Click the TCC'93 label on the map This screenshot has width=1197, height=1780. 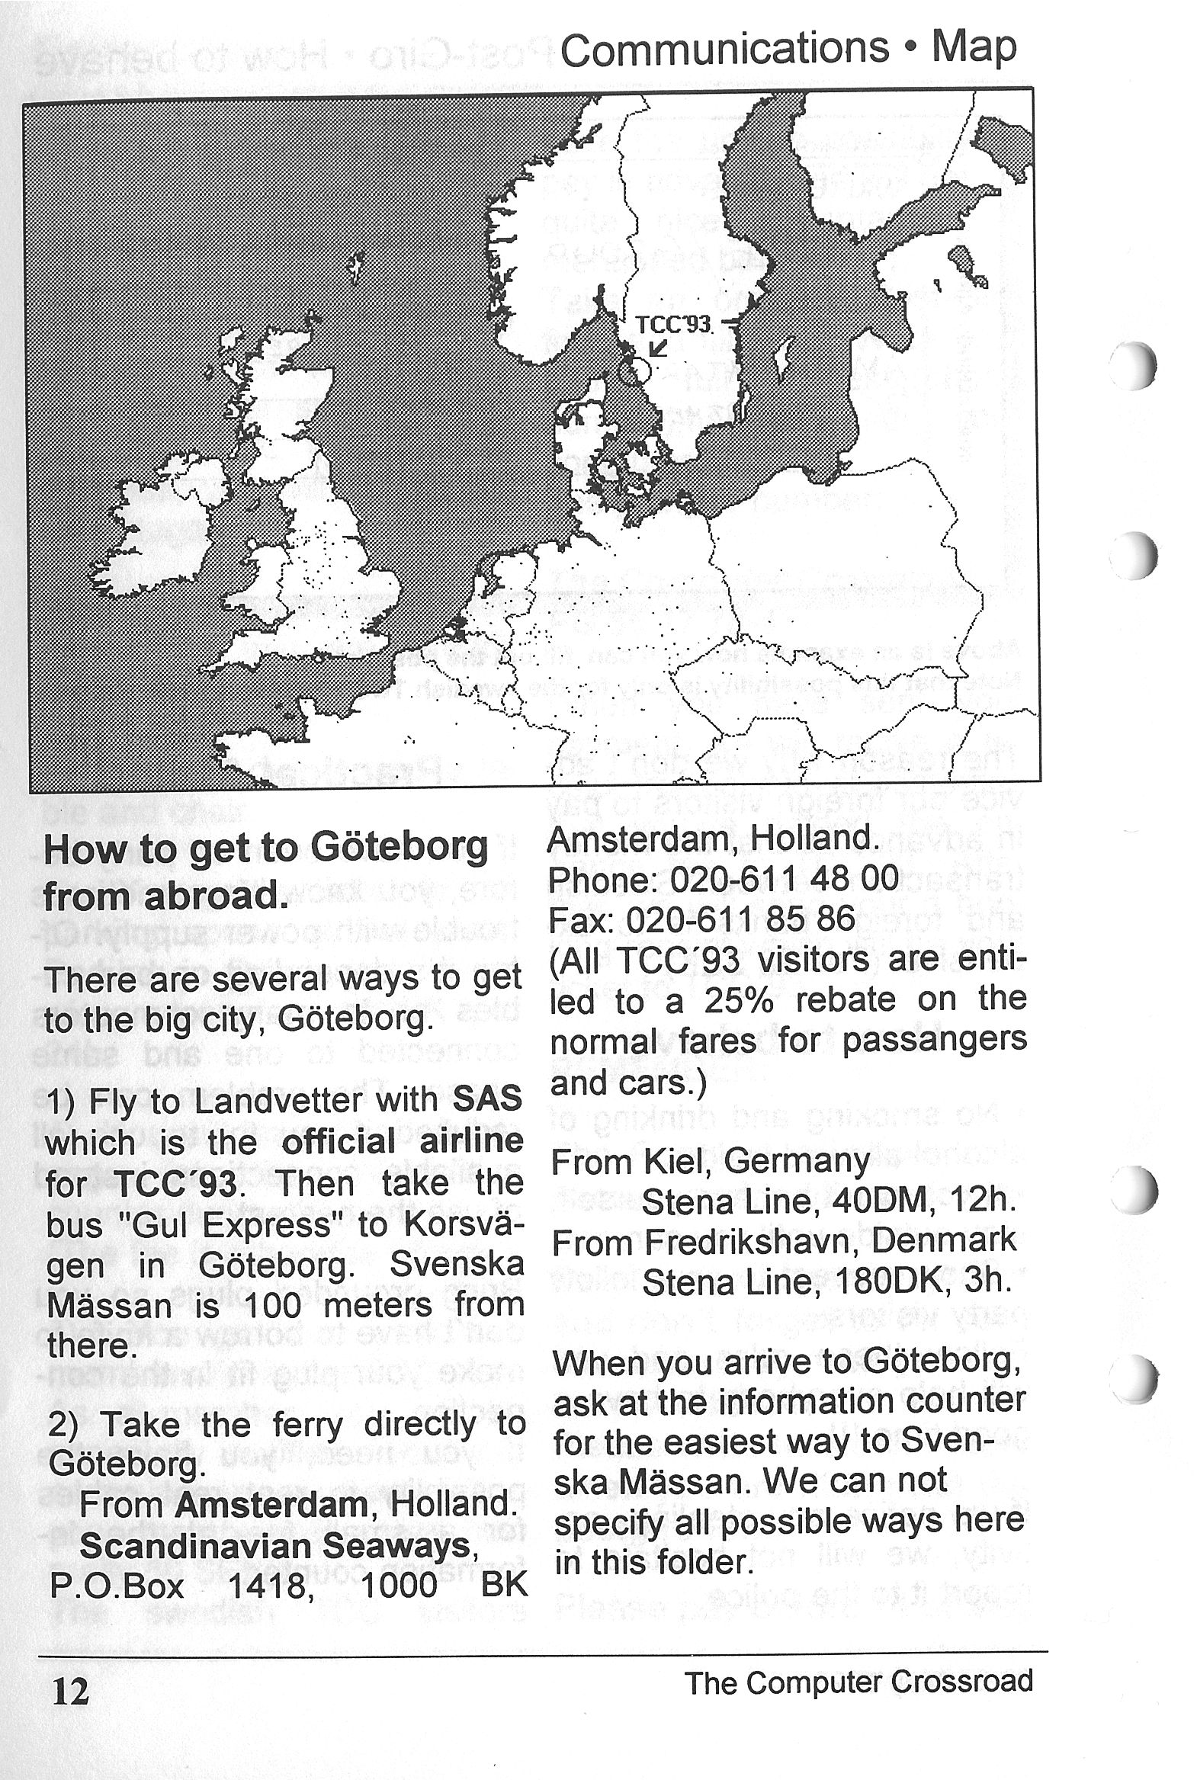point(673,325)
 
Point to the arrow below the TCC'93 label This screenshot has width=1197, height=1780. point(658,348)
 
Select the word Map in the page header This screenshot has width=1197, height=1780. point(974,48)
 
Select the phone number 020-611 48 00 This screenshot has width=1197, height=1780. point(783,878)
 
